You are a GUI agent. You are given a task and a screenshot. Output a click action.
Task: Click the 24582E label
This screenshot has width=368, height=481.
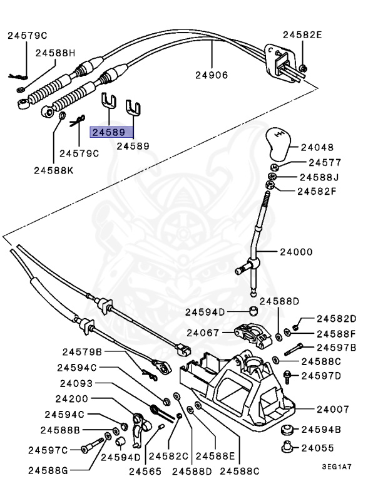(302, 35)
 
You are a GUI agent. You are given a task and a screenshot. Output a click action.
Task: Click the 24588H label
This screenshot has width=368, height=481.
(55, 53)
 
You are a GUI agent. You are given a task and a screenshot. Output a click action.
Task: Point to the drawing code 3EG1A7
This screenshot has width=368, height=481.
(337, 467)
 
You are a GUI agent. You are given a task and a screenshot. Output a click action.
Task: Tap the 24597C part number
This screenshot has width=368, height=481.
(48, 449)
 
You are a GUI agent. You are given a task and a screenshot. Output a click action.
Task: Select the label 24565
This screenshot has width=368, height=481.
(144, 472)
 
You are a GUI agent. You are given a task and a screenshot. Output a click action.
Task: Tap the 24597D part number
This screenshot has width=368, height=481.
(321, 376)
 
